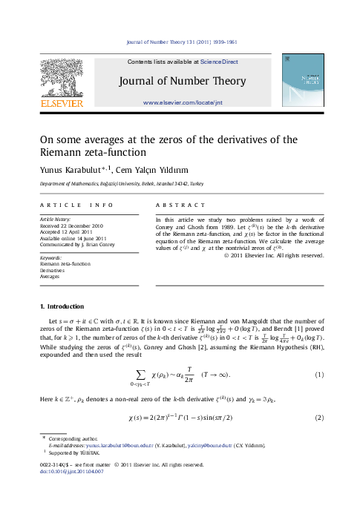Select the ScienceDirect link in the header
tap(210, 62)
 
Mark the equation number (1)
tap(320, 375)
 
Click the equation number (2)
tap(320, 418)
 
